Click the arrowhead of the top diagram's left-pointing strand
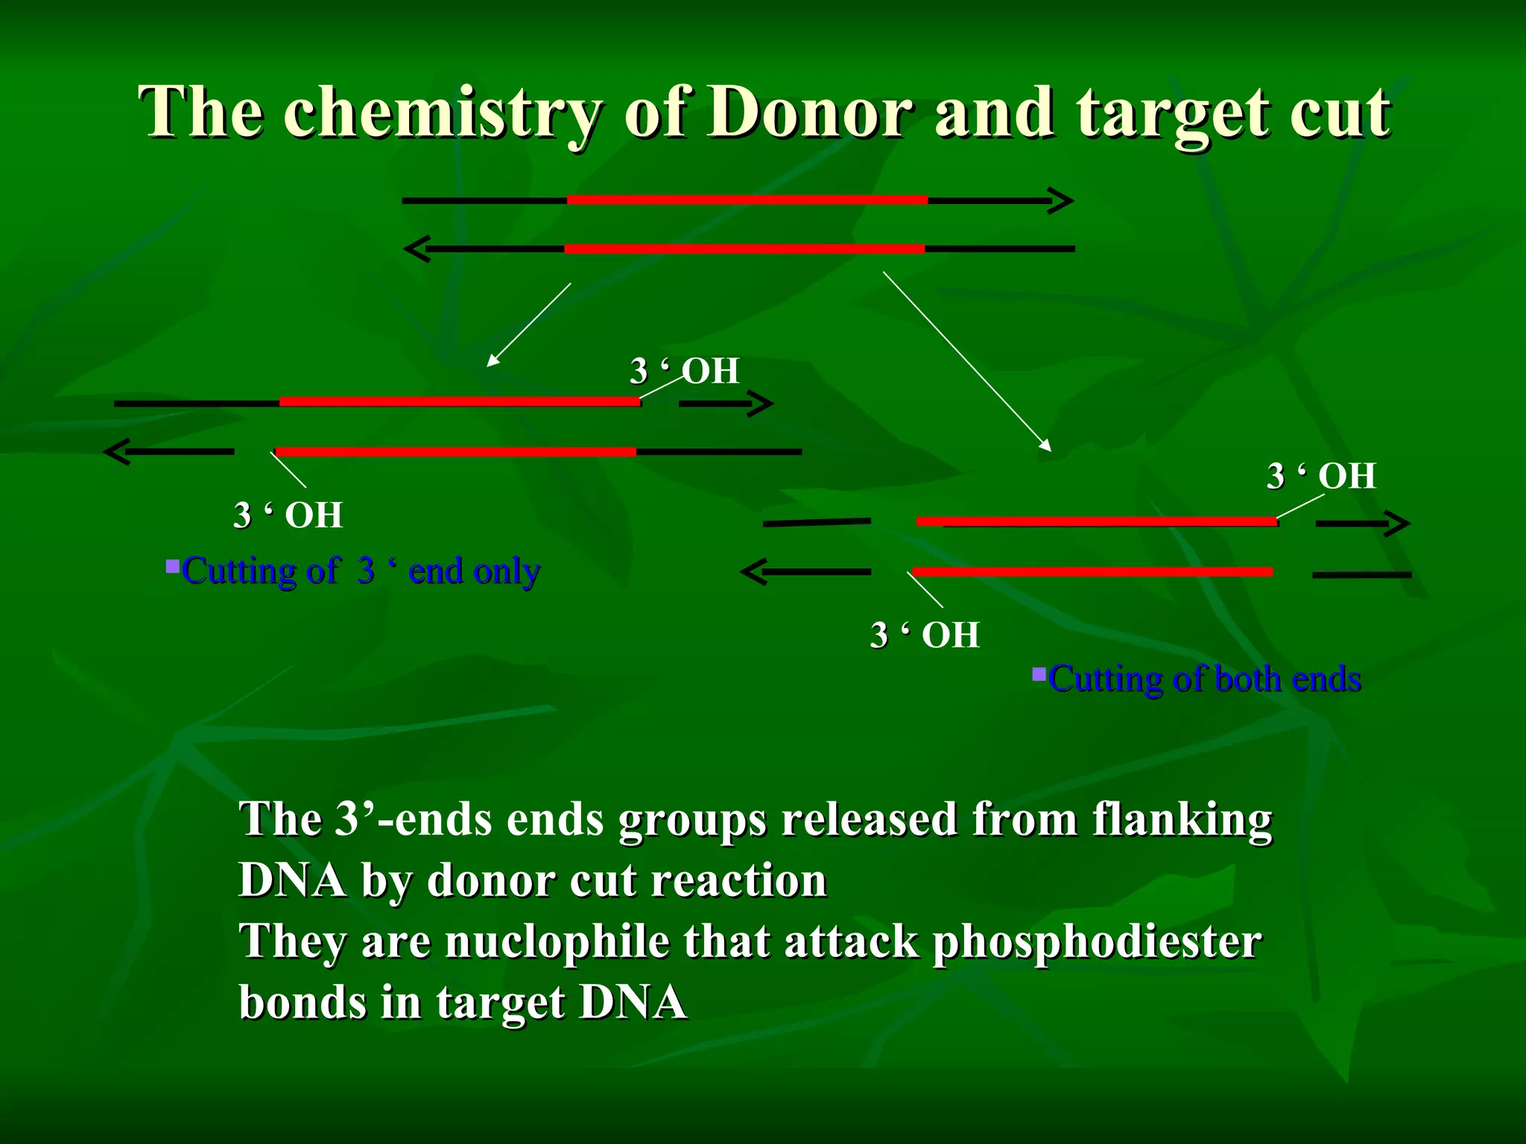[417, 249]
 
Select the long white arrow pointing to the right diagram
[967, 361]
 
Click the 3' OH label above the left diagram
[684, 371]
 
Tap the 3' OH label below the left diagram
[288, 515]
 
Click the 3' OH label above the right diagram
[1320, 476]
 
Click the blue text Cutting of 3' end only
[361, 572]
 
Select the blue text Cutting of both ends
[1204, 679]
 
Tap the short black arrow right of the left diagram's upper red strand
[726, 404]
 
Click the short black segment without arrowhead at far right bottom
[1361, 575]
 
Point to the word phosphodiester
[1097, 941]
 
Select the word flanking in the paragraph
[1182, 819]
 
